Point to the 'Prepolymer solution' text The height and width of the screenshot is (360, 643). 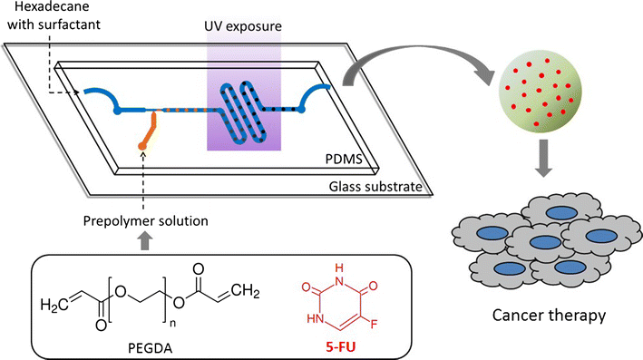tap(148, 221)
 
